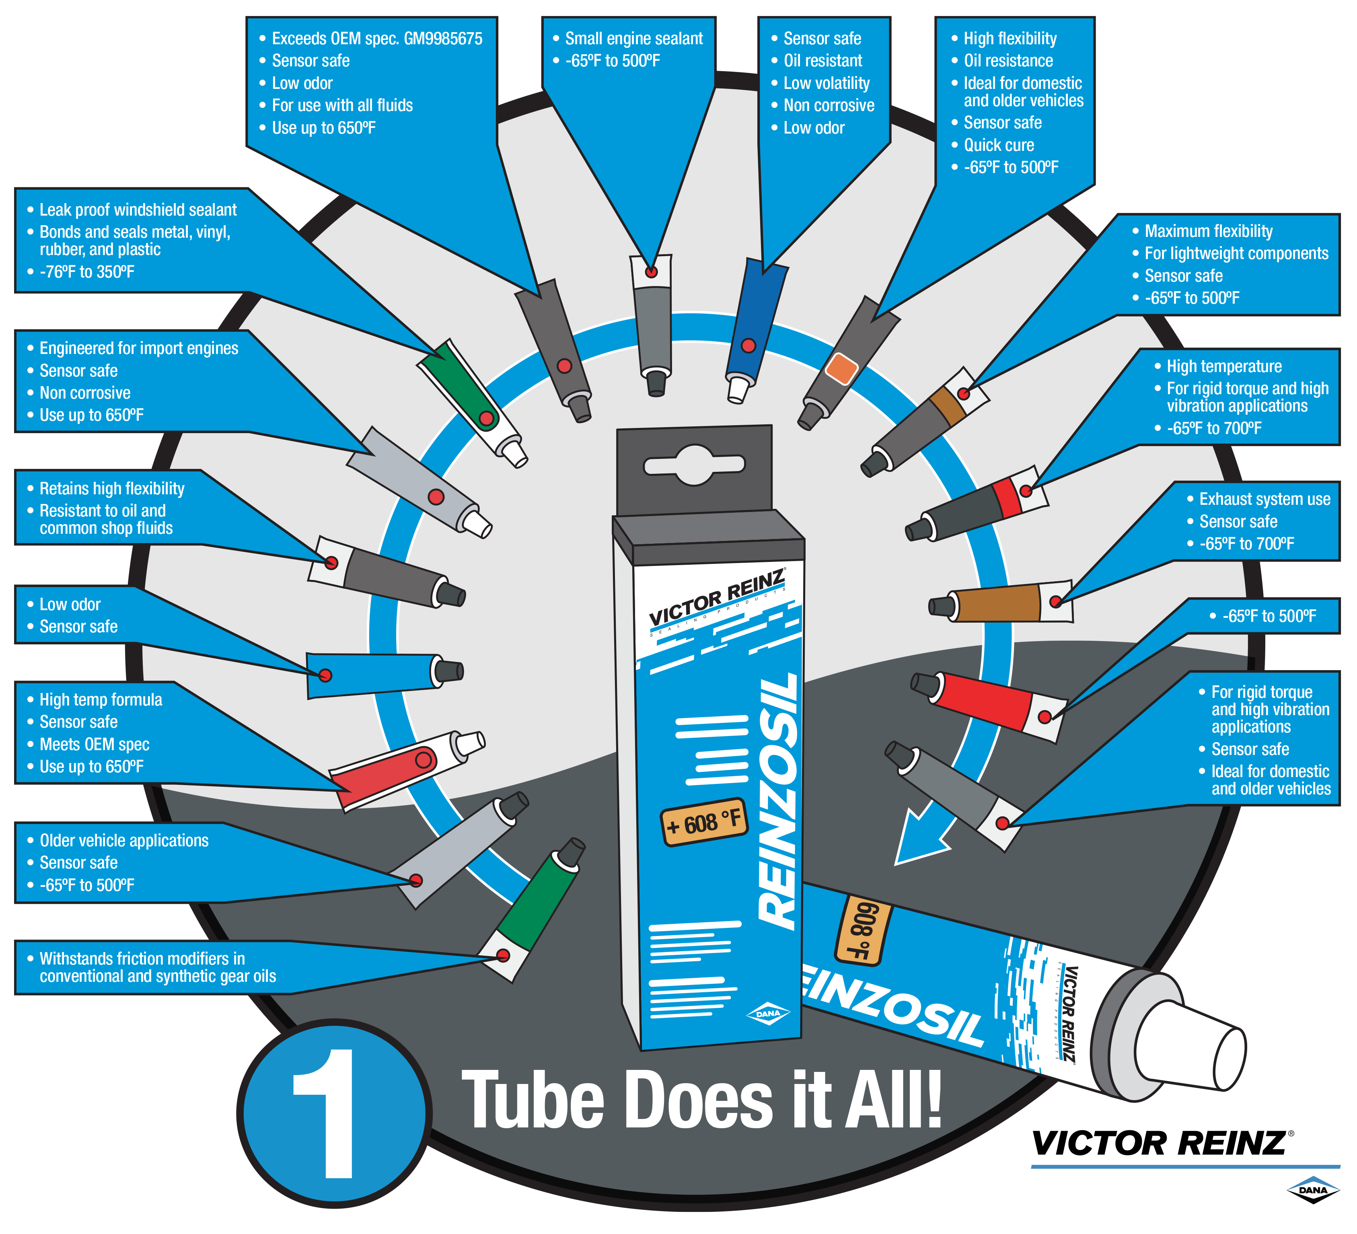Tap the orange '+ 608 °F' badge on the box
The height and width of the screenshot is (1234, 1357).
coord(703,823)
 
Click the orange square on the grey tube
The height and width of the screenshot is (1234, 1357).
coord(841,368)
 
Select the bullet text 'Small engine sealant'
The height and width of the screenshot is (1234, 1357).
coord(633,38)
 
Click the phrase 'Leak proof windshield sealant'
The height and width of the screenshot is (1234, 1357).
coord(138,210)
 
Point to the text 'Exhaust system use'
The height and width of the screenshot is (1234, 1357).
coord(1264,499)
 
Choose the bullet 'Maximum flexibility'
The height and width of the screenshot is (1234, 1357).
coord(1208,231)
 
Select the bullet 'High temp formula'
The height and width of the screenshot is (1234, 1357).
coord(101,699)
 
